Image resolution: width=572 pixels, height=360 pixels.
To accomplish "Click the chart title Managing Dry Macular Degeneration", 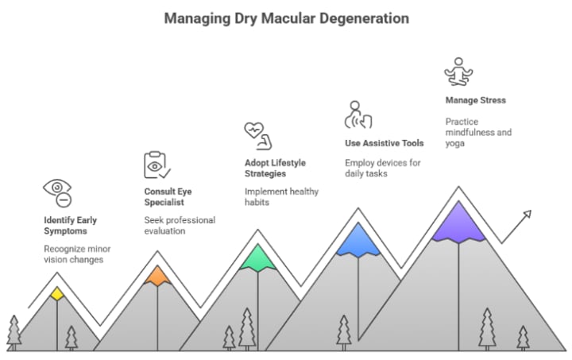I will coord(287,17).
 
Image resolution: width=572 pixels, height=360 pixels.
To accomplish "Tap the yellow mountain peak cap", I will coord(56,294).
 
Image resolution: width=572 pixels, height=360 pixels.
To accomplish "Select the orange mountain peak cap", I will coord(157,276).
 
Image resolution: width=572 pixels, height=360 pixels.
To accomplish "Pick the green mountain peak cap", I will coord(257,257).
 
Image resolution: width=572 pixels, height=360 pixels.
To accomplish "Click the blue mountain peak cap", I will coord(357,239).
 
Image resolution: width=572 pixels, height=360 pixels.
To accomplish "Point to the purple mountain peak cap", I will coord(458,222).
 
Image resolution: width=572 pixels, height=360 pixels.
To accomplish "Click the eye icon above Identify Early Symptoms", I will coord(58,192).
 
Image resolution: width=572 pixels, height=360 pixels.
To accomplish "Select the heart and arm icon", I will coord(257,134).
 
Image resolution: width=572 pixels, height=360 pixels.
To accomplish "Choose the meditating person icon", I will coord(458,72).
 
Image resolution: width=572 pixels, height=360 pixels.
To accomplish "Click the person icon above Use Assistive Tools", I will coord(357,114).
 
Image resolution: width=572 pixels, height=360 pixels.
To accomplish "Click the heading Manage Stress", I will coord(475,101).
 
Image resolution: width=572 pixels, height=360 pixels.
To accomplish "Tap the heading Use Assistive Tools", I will coord(384,143).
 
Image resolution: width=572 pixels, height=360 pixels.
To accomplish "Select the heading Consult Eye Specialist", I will coord(168,197).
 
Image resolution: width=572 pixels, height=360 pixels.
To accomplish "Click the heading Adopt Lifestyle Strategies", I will coord(275,168).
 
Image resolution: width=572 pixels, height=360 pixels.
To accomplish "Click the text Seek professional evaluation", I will coord(180,226).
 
